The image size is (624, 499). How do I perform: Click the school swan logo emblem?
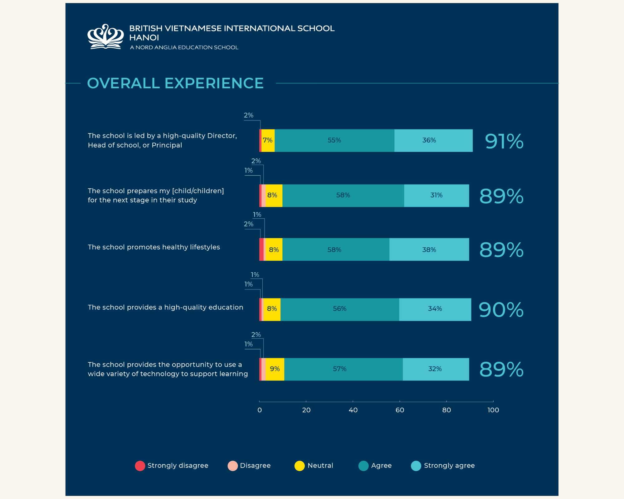tap(105, 36)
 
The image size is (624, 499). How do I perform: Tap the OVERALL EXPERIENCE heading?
tap(175, 83)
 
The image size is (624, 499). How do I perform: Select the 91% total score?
tap(504, 141)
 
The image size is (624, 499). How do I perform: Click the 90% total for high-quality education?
tap(501, 310)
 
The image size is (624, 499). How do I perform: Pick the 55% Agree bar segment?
tap(334, 141)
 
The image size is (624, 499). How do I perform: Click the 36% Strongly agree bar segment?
tap(433, 141)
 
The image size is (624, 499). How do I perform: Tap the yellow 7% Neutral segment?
tap(268, 141)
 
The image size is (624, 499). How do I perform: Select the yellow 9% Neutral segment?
tap(275, 369)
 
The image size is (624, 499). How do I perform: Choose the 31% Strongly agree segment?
tap(436, 196)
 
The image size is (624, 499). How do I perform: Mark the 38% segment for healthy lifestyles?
tap(429, 249)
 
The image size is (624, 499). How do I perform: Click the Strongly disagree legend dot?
tap(140, 466)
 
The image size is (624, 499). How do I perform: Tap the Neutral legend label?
tap(320, 466)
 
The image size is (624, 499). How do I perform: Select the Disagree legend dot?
tap(232, 466)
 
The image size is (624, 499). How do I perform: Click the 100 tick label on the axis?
tap(493, 410)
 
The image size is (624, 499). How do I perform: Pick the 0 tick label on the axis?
tap(260, 410)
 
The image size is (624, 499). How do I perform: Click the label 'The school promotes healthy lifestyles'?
tap(154, 247)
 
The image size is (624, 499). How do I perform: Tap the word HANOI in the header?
tap(144, 38)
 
